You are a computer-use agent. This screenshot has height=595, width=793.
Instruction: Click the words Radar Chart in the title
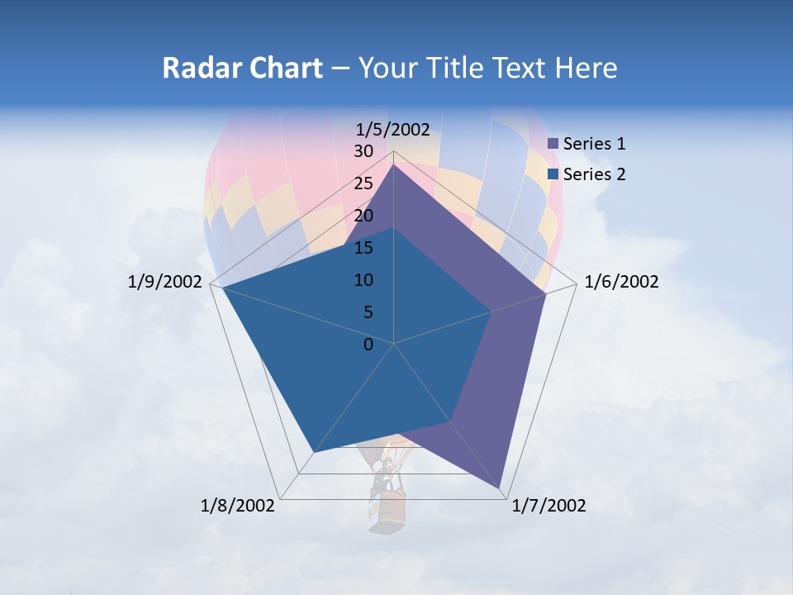[242, 68]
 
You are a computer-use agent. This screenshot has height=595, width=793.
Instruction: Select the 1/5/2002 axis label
[393, 129]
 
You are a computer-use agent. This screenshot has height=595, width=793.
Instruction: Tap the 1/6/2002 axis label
[621, 282]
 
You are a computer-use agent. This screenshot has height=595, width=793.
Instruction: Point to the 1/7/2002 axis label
[549, 506]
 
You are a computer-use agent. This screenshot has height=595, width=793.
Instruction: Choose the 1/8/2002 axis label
[238, 506]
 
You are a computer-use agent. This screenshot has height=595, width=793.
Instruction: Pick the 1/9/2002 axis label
[165, 282]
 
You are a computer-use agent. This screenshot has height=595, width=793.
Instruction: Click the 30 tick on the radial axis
[363, 151]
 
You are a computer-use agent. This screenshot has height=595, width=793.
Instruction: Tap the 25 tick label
[363, 183]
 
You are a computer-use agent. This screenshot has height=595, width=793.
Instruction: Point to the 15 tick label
[363, 248]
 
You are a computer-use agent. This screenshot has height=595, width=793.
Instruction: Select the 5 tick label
[368, 312]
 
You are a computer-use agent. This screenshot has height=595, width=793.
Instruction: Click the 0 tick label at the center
[368, 345]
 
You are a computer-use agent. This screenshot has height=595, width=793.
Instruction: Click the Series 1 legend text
[594, 144]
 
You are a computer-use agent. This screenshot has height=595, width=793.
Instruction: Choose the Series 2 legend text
[594, 174]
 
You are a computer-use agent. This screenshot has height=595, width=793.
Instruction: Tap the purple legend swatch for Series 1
[553, 144]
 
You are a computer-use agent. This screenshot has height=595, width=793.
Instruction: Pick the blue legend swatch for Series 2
[553, 174]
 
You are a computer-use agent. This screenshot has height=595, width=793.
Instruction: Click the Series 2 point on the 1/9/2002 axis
[222, 288]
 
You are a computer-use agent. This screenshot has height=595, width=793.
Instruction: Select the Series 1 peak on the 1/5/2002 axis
[393, 165]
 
